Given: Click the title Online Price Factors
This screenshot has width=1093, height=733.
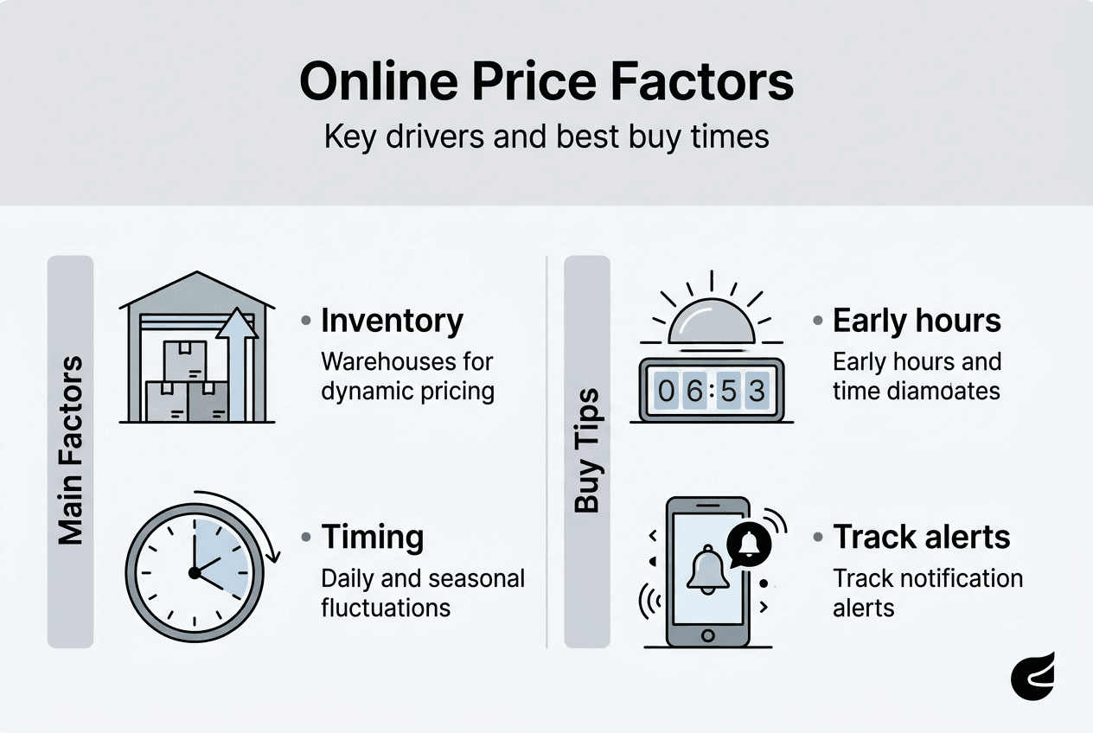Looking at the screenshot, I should [546, 83].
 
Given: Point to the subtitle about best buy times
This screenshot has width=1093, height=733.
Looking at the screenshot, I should [546, 137].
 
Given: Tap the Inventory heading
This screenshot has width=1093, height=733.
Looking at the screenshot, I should [392, 322].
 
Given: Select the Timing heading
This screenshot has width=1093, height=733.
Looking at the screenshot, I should [373, 538].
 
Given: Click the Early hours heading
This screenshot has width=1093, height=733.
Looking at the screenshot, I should [917, 322].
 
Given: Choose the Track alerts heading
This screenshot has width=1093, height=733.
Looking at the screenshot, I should [922, 538].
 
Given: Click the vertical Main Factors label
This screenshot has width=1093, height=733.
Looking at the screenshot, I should [70, 449].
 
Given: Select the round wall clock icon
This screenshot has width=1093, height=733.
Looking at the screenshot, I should [194, 571].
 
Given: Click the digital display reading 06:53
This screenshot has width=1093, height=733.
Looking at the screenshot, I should [712, 391].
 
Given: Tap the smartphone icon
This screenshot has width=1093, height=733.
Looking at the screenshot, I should [708, 571].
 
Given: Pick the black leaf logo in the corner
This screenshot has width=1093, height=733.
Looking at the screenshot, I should [1033, 676].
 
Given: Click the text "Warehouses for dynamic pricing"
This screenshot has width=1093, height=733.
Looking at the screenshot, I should [407, 376].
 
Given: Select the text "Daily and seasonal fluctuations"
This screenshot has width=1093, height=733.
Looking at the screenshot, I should [422, 592].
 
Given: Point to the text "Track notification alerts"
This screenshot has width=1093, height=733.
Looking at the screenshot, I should [927, 592].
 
